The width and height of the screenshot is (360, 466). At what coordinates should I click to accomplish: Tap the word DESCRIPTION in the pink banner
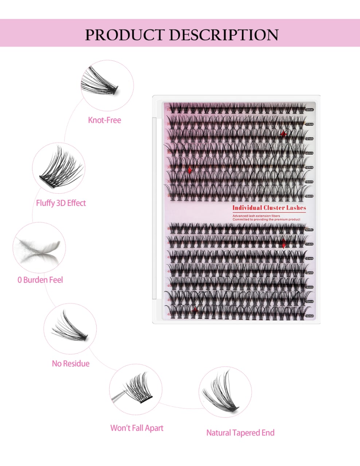(223, 35)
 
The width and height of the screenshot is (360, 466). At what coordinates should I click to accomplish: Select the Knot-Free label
(105, 120)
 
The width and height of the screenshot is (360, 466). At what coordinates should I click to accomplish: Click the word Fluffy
(45, 203)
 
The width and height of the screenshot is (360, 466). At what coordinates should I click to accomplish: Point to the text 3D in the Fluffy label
(60, 203)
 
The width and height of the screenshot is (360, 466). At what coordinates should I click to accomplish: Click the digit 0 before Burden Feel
(20, 280)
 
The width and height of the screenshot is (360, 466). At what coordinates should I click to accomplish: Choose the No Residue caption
(71, 363)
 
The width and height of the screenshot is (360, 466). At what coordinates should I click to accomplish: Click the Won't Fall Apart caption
(137, 428)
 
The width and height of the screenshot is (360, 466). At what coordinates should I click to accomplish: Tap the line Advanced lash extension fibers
(257, 216)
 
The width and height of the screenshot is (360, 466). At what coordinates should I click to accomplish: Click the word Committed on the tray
(240, 220)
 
